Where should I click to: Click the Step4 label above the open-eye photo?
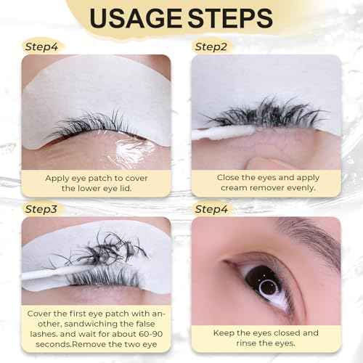tap(213, 209)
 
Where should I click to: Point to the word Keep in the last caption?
tap(226, 333)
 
